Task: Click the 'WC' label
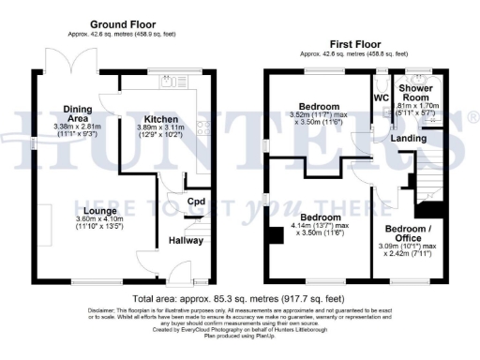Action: pyautogui.click(x=381, y=97)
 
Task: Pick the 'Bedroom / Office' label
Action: pyautogui.click(x=410, y=233)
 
